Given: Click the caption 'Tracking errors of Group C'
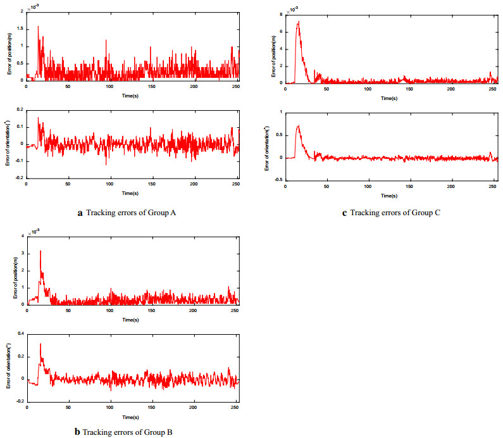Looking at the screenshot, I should tap(395, 213).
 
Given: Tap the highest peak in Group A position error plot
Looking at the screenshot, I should tap(38, 27).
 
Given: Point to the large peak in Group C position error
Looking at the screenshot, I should tap(298, 22).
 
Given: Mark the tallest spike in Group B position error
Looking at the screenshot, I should tap(40, 251).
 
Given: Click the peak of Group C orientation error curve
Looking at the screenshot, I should tap(298, 125).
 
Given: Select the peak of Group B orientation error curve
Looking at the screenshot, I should tap(40, 344).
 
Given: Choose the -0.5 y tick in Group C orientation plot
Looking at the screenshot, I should tap(278, 180).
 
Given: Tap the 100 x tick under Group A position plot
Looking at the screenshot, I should tap(110, 87).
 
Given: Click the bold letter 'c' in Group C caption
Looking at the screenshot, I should tap(344, 213).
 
